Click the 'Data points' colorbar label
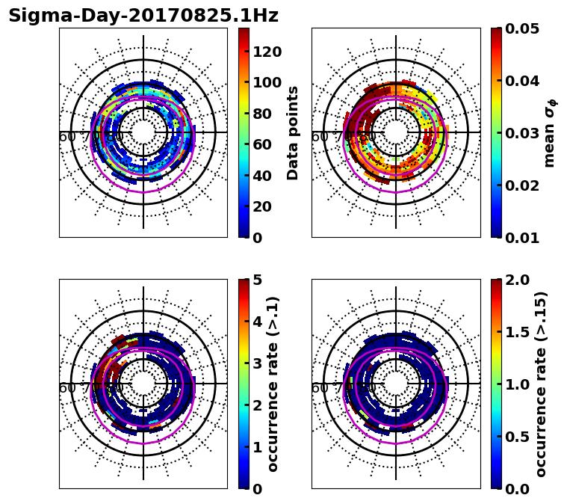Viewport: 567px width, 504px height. point(293,132)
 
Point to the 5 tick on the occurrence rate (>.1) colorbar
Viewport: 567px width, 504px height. point(258,280)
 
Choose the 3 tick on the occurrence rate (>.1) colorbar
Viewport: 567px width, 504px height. point(258,363)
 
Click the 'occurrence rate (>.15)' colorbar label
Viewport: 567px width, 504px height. point(541,384)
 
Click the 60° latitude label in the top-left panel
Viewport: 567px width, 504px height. point(67,137)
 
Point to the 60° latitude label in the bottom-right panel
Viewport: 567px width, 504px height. point(320,388)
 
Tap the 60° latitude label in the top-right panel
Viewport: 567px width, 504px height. point(320,137)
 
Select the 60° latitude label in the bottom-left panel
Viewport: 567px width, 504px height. point(67,388)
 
